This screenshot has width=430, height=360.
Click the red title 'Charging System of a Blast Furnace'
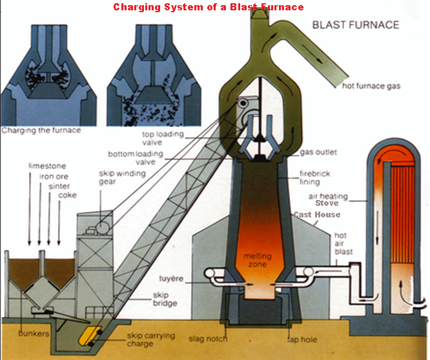[209, 7]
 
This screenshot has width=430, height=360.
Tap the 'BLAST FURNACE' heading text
[356, 25]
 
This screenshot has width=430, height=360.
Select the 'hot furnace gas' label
[371, 86]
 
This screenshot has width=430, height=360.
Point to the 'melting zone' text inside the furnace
[258, 260]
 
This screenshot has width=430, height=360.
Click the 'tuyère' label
[171, 279]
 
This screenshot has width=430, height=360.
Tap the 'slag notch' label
[208, 339]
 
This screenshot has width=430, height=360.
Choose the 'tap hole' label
[302, 340]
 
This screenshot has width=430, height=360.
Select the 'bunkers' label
[34, 334]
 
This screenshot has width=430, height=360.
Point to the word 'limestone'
[47, 166]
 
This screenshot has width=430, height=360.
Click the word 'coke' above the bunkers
[67, 195]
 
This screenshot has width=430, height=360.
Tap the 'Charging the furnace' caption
[41, 130]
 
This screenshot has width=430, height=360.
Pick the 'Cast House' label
[317, 215]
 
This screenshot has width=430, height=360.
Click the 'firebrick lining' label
[314, 177]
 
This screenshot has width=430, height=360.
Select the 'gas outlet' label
[318, 152]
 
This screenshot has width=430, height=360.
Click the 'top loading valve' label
[163, 138]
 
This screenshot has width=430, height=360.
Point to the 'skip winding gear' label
[122, 177]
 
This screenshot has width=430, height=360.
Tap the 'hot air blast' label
[343, 244]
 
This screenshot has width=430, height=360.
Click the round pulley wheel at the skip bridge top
[243, 104]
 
